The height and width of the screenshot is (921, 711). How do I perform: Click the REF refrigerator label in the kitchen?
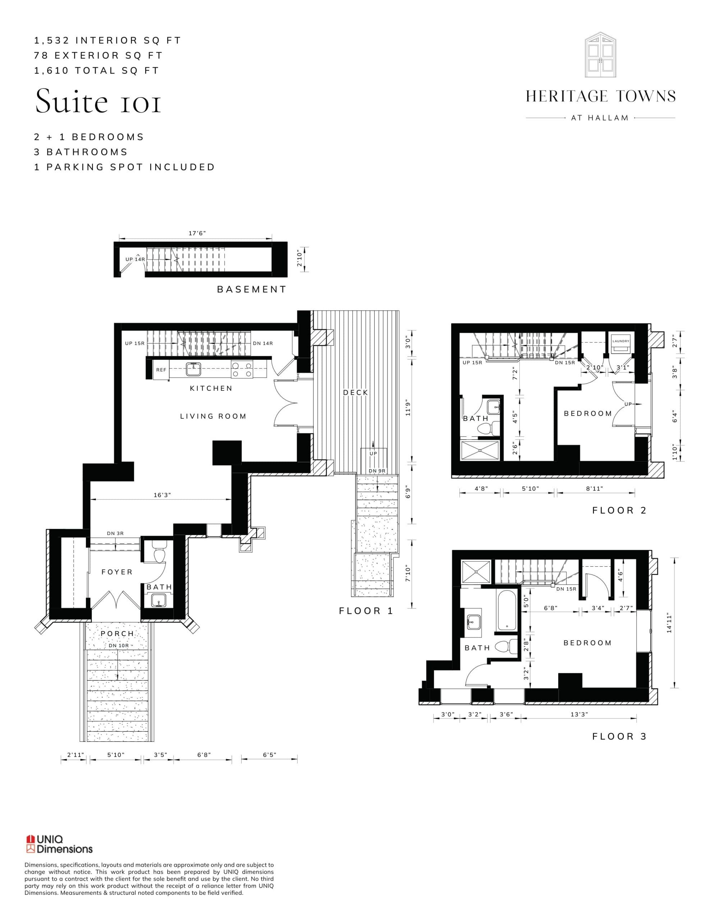161,370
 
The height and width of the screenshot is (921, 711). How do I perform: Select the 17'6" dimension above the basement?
197,233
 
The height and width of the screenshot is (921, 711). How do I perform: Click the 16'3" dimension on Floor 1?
162,495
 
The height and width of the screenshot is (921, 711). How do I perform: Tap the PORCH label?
117,634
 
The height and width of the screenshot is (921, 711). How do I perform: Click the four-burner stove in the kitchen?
242,370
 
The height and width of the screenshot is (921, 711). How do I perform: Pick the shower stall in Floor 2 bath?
480,451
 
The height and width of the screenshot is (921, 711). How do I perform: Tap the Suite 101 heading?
98,101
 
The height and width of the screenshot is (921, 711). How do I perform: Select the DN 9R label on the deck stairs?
377,471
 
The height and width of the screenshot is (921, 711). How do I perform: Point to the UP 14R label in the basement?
135,259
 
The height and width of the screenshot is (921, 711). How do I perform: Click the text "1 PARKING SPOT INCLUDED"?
124,167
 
